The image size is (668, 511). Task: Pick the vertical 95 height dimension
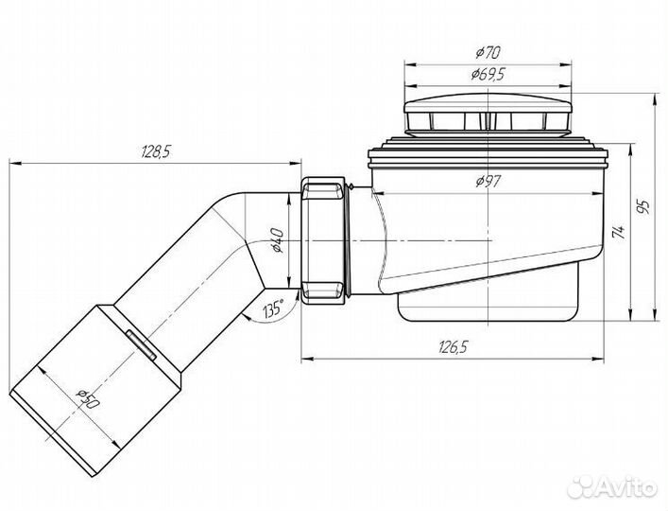tap(645, 206)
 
